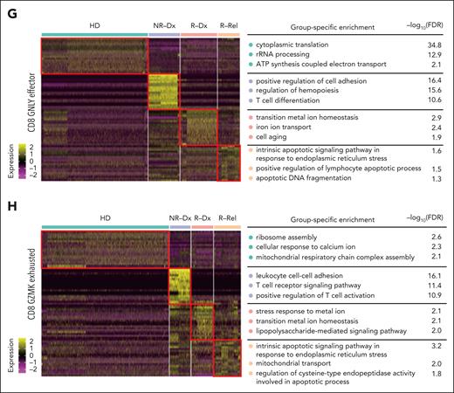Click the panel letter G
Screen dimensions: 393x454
[7, 8]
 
